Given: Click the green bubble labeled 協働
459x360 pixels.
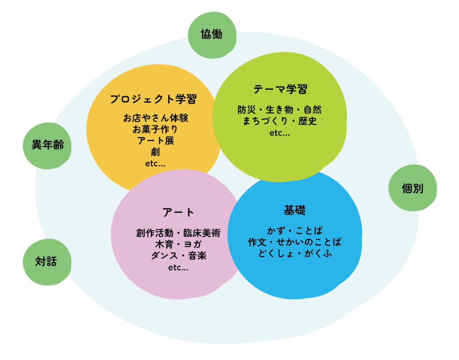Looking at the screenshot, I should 212,35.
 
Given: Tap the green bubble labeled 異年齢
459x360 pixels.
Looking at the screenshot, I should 47,145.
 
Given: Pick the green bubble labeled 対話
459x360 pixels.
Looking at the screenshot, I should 46,261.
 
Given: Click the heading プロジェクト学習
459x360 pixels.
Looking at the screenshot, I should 153,99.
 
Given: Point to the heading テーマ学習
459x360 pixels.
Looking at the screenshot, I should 280,89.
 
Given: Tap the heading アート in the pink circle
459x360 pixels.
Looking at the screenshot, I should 178,212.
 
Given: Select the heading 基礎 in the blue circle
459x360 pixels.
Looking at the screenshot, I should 294,210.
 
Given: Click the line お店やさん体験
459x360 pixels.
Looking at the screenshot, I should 156,118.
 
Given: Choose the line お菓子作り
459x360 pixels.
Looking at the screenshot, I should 155,129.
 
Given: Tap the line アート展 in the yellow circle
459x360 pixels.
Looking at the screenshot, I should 156,141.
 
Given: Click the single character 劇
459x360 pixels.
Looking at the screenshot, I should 156,152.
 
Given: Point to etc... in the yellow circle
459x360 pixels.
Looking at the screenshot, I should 156,163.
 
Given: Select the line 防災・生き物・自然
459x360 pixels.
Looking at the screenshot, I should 280,109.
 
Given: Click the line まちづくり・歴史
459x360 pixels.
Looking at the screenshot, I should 280,121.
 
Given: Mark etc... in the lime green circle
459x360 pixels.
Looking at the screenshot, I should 280,133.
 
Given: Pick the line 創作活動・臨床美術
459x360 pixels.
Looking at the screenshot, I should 178,233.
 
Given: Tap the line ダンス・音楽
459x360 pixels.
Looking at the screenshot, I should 178,256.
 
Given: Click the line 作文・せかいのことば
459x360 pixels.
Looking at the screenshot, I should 294,242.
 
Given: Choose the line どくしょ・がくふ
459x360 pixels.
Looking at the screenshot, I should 294,254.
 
